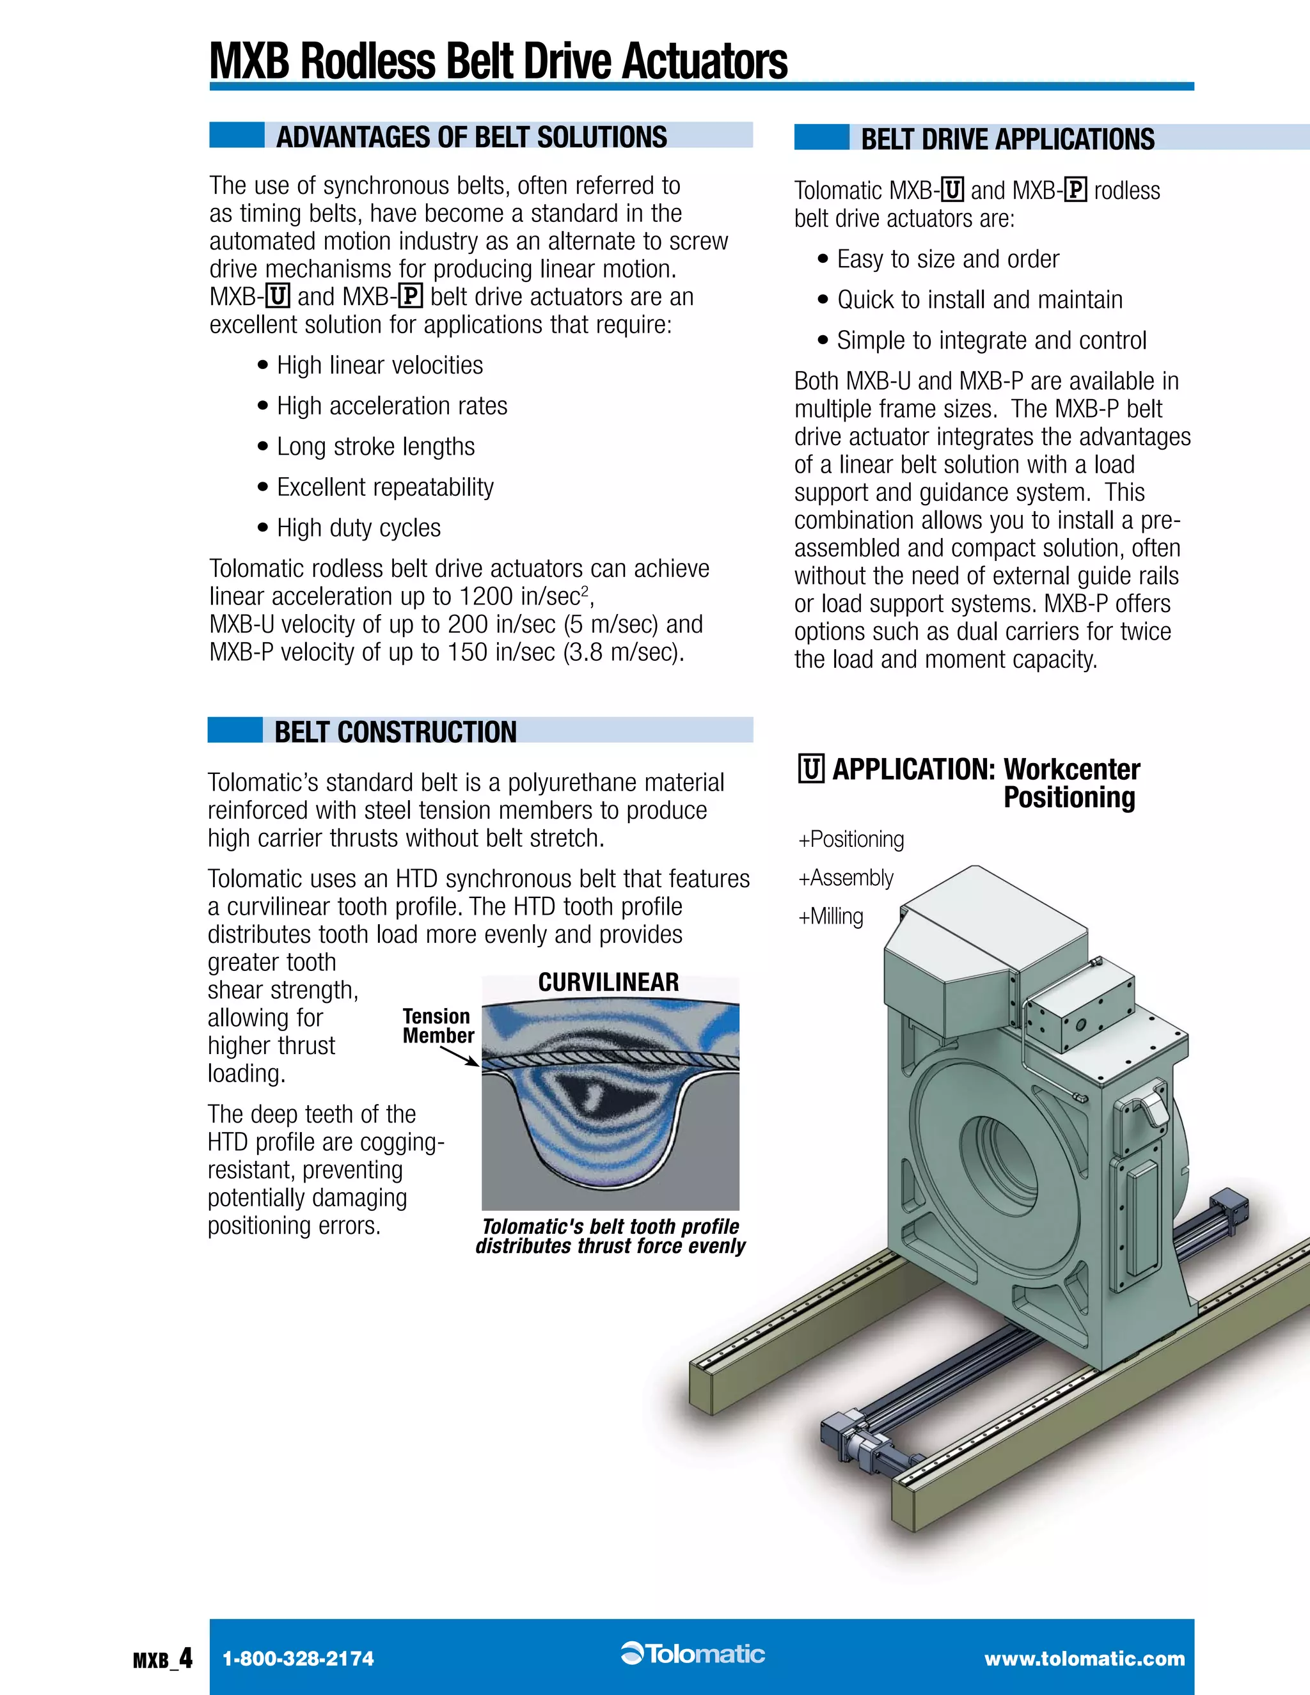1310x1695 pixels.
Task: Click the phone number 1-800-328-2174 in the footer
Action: (x=298, y=1659)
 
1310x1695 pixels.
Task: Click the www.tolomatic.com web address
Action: (x=1084, y=1659)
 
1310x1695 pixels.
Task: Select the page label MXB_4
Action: (x=163, y=1659)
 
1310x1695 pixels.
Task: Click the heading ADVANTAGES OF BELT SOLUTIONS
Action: (x=471, y=137)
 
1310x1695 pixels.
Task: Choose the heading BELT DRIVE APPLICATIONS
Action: (x=1007, y=139)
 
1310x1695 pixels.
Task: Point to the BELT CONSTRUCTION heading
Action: (x=395, y=732)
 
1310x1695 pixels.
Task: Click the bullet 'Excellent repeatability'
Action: (x=385, y=487)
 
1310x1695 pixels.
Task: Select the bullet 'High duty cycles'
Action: (x=359, y=528)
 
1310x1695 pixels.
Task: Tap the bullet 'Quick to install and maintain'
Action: (x=979, y=299)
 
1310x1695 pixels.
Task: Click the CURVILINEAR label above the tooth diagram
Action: (x=608, y=982)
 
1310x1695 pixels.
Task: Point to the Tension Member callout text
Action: (x=438, y=1026)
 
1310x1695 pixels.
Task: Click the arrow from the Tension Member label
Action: (x=460, y=1056)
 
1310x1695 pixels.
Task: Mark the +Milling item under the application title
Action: (x=831, y=917)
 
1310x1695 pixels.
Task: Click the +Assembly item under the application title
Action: (x=846, y=878)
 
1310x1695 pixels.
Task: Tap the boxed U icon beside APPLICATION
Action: (x=811, y=769)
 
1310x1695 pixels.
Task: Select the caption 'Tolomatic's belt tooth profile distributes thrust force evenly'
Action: (x=610, y=1236)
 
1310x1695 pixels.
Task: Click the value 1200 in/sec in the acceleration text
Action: (x=525, y=596)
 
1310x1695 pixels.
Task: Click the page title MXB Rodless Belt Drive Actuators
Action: (x=498, y=61)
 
